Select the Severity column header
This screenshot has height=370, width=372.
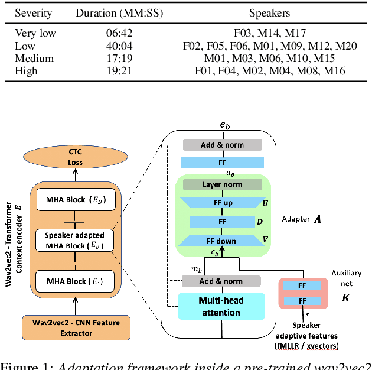click(x=33, y=12)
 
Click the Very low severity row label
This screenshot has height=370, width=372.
click(x=35, y=33)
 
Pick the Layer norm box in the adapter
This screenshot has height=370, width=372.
click(x=222, y=185)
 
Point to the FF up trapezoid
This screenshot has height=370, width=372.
click(x=222, y=203)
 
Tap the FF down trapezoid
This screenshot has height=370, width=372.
click(x=222, y=241)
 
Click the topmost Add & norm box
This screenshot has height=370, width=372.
click(x=222, y=145)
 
